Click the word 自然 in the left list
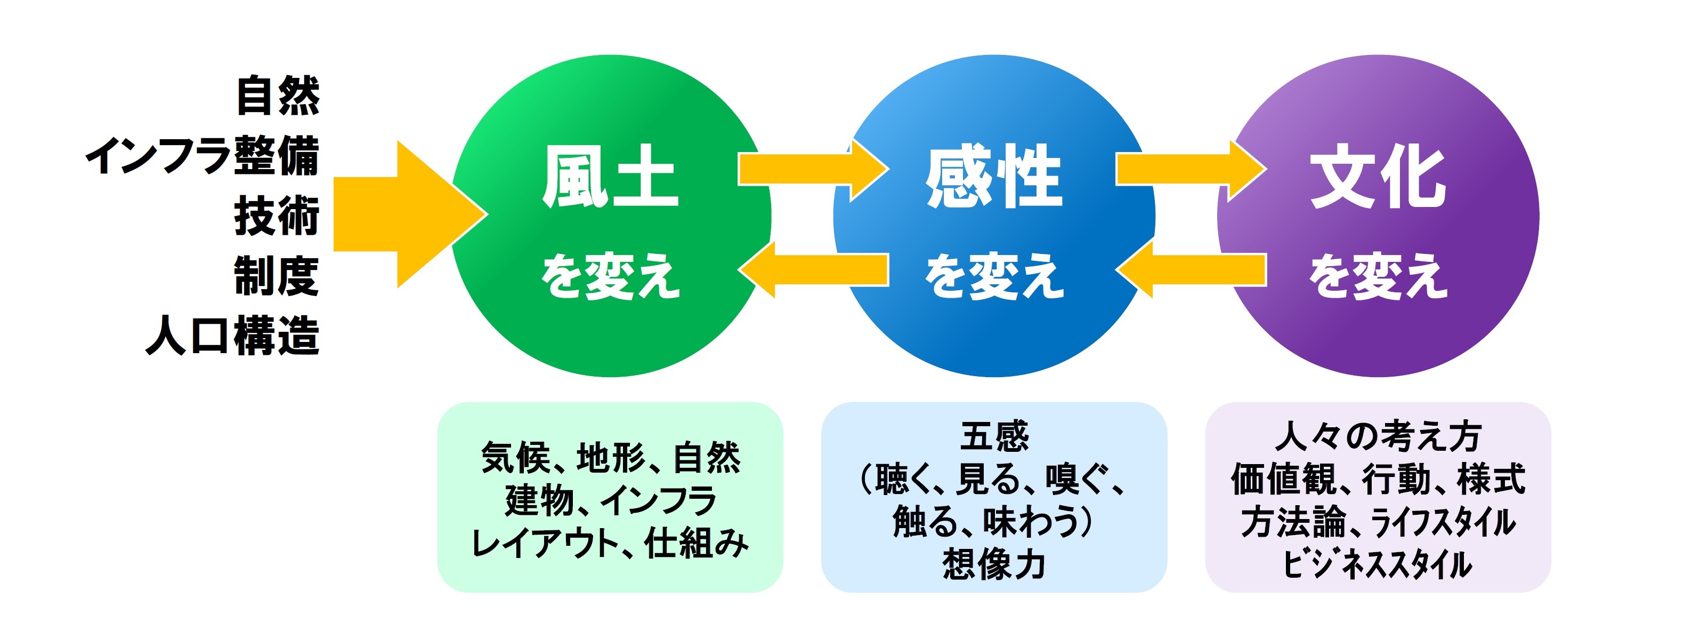pos(278,96)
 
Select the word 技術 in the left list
pos(277,216)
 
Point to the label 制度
pos(277,276)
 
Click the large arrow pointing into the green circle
pos(410,214)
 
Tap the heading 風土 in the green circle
pos(611,176)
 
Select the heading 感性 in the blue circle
pos(994,176)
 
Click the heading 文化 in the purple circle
pos(1378,176)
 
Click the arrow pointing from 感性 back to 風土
pos(813,269)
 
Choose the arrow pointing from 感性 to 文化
pos(1192,170)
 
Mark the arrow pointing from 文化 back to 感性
pos(1191,269)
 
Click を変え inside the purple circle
pos(1378,276)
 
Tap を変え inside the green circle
pos(611,276)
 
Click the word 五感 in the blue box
pos(994,437)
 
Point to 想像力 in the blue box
pos(994,564)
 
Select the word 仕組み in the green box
pos(696,543)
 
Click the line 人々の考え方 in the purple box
pos(1378,437)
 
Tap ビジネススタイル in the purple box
pos(1378,564)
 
